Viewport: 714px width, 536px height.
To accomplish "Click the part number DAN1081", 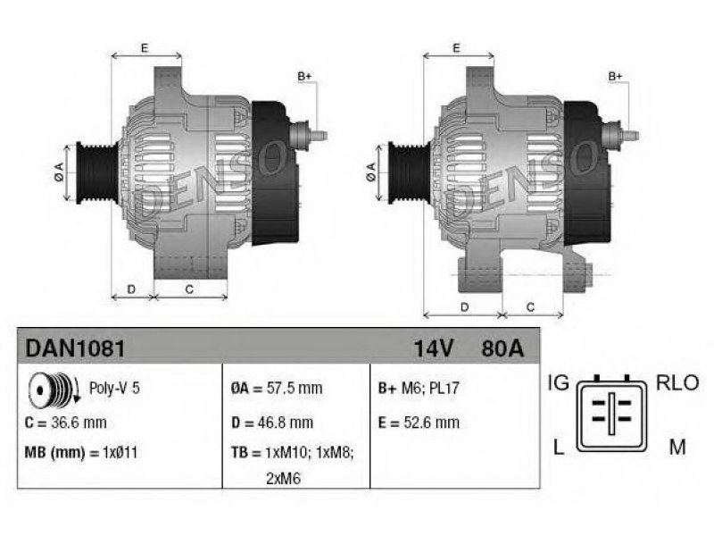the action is point(75,348).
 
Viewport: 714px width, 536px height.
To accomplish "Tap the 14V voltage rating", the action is point(434,348).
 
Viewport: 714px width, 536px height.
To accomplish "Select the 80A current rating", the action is point(502,348).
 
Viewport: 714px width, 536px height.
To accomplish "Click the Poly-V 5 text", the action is point(114,388).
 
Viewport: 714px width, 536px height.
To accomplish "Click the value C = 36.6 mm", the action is point(65,423).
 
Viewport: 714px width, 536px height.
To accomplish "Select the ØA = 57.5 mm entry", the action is point(277,389).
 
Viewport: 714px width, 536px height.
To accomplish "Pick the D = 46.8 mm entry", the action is point(272,423).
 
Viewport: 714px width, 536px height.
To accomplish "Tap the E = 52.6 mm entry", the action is point(419,423).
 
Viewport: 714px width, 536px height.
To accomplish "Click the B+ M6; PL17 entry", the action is point(419,389).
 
